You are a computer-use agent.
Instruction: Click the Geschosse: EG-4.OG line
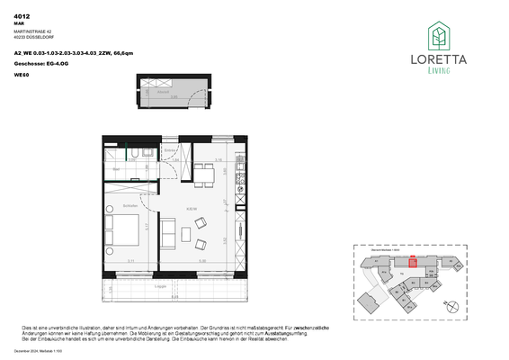[x=40, y=65]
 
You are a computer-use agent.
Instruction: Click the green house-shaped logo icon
[x=438, y=36]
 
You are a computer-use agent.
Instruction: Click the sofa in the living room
[x=168, y=234]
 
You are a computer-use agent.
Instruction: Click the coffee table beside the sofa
[x=185, y=236]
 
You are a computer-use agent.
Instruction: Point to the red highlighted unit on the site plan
[x=413, y=263]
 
